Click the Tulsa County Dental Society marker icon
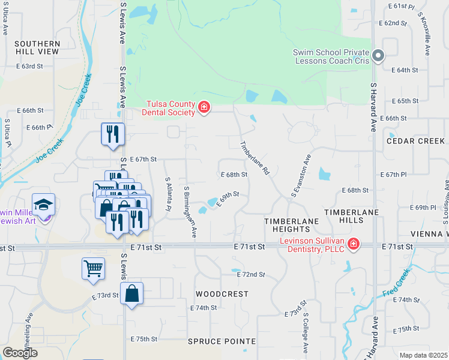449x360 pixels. click(204, 107)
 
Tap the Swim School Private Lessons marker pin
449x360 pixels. click(378, 56)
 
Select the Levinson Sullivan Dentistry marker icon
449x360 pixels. click(354, 243)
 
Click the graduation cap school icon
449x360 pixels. click(43, 205)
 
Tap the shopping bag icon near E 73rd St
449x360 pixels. click(131, 294)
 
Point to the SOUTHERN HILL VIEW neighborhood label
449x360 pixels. click(37, 48)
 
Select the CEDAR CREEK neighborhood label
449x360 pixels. click(415, 141)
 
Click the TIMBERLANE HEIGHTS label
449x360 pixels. click(291, 226)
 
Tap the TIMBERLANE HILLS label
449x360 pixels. click(352, 217)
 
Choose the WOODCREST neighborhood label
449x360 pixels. click(221, 294)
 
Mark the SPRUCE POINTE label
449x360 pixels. click(221, 341)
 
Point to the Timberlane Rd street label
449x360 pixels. click(255, 158)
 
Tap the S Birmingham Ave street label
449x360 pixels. click(190, 212)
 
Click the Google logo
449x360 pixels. click(20, 352)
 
